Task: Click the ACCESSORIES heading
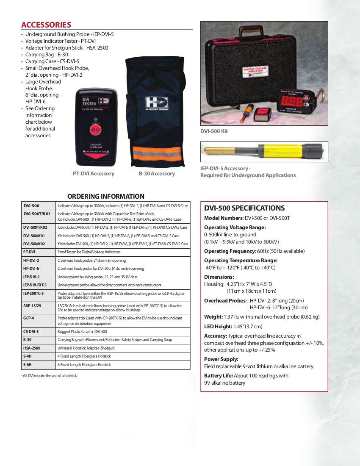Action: [46, 25]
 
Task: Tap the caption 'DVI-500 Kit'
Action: [214, 131]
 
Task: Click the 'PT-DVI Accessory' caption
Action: [93, 174]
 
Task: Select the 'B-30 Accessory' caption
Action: [157, 174]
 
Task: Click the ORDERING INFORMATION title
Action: [106, 196]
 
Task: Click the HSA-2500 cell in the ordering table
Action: [32, 348]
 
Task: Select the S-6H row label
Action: [28, 364]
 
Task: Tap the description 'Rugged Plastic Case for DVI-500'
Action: [82, 331]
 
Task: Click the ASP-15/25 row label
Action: [32, 305]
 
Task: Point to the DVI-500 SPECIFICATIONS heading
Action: [244, 208]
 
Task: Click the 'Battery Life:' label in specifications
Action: [218, 376]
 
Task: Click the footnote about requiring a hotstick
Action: [50, 376]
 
